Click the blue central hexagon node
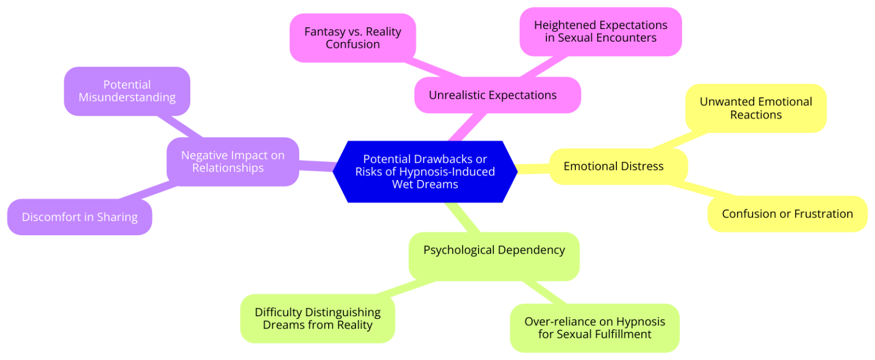(x=424, y=171)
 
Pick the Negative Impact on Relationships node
(x=232, y=162)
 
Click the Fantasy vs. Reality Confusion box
(x=353, y=38)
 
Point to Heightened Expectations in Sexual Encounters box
(x=600, y=32)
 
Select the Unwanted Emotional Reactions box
(x=755, y=108)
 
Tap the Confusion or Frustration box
(x=787, y=214)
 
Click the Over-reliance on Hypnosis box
(x=594, y=328)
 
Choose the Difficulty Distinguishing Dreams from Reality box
(x=317, y=319)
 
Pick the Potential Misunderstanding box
(x=127, y=91)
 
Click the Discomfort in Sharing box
(x=80, y=217)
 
